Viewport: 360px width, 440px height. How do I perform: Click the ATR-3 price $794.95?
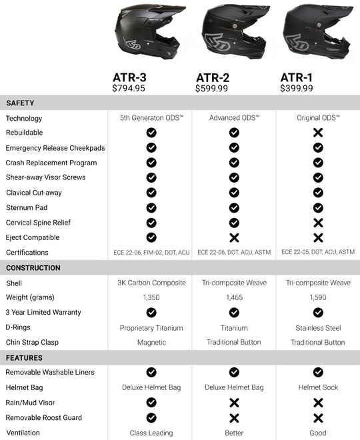(x=129, y=88)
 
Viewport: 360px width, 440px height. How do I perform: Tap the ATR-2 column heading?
(x=213, y=77)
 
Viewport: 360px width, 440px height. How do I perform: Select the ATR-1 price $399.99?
(x=297, y=88)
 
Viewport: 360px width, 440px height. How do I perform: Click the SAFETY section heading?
(x=20, y=103)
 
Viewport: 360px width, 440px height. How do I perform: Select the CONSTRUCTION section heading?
(x=33, y=268)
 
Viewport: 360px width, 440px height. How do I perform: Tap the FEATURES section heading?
(x=25, y=357)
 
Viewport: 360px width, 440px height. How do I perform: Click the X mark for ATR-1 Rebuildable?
(x=318, y=133)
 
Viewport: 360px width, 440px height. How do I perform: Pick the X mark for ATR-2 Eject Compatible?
(x=234, y=237)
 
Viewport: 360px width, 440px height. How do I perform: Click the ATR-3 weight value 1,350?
(x=151, y=297)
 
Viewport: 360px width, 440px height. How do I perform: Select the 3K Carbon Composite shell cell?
(x=151, y=283)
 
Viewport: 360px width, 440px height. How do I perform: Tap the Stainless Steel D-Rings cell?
(x=318, y=327)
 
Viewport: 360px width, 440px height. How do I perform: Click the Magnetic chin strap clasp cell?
(x=151, y=342)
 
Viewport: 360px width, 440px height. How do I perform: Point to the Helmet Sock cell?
(x=318, y=387)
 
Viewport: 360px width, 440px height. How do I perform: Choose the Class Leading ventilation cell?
(x=151, y=433)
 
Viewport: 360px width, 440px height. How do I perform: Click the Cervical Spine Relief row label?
(x=38, y=223)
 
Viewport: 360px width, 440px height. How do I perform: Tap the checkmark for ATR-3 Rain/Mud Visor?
(x=151, y=403)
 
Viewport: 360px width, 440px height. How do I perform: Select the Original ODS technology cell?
(x=318, y=118)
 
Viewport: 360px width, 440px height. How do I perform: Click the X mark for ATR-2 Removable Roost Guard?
(x=234, y=417)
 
